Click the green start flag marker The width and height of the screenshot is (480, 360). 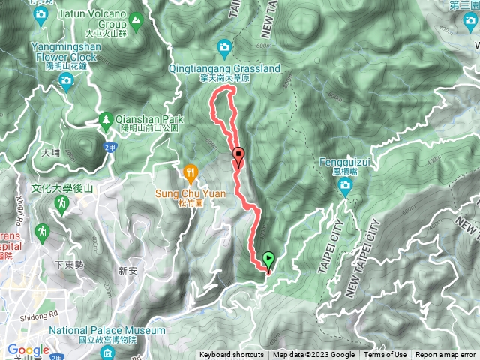268,259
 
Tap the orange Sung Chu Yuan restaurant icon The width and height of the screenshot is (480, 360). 190,173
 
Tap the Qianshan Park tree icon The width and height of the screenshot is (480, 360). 106,118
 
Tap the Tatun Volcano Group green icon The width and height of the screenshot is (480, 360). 136,19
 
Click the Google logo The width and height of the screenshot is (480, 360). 28,349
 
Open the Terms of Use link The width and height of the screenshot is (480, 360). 385,355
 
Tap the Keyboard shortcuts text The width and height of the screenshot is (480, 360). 232,355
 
